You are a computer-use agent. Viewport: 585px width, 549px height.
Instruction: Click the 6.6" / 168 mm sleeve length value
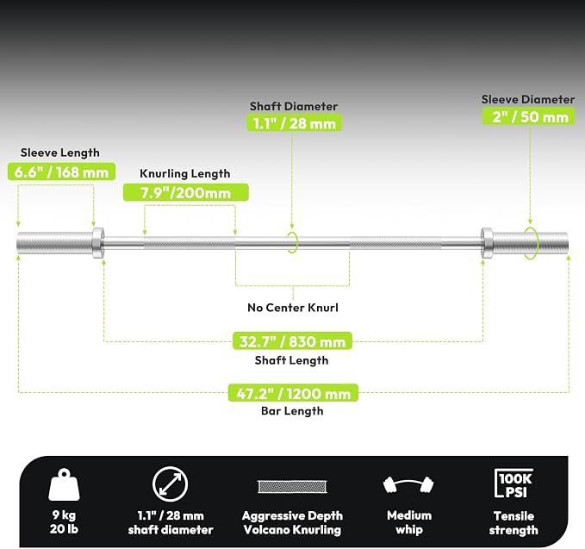61,172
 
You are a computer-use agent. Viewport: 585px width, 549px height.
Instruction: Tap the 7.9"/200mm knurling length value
186,192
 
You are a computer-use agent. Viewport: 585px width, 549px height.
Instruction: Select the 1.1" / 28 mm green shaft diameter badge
295,123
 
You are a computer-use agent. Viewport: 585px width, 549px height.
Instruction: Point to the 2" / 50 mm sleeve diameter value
530,116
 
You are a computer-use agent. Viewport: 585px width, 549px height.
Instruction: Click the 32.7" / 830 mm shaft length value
292,341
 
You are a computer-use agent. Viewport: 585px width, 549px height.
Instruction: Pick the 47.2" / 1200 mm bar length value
293,393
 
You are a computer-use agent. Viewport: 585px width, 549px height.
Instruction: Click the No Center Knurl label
293,308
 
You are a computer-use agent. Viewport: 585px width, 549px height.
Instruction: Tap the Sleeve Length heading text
60,153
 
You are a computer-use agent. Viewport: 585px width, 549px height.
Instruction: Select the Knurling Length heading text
185,173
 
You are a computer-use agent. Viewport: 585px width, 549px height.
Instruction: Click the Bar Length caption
292,411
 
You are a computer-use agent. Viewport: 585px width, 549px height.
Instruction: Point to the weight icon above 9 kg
64,484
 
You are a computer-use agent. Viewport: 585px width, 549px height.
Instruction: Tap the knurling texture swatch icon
292,487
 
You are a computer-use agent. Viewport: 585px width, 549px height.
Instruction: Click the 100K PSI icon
513,483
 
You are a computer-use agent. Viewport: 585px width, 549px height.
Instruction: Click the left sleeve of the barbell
55,243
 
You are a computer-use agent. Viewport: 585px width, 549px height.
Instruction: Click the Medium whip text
409,522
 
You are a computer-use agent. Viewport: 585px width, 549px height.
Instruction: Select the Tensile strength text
513,523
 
